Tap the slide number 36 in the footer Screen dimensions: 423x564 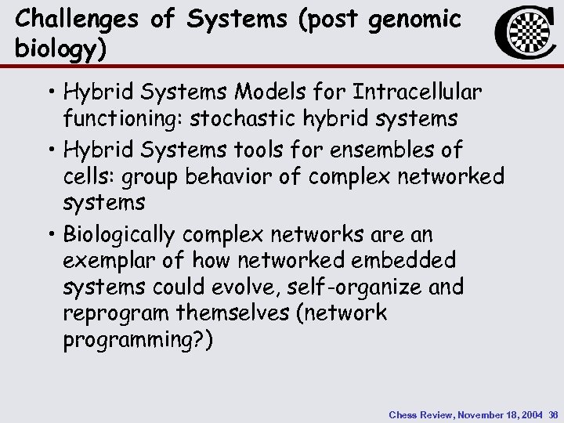click(553, 413)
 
